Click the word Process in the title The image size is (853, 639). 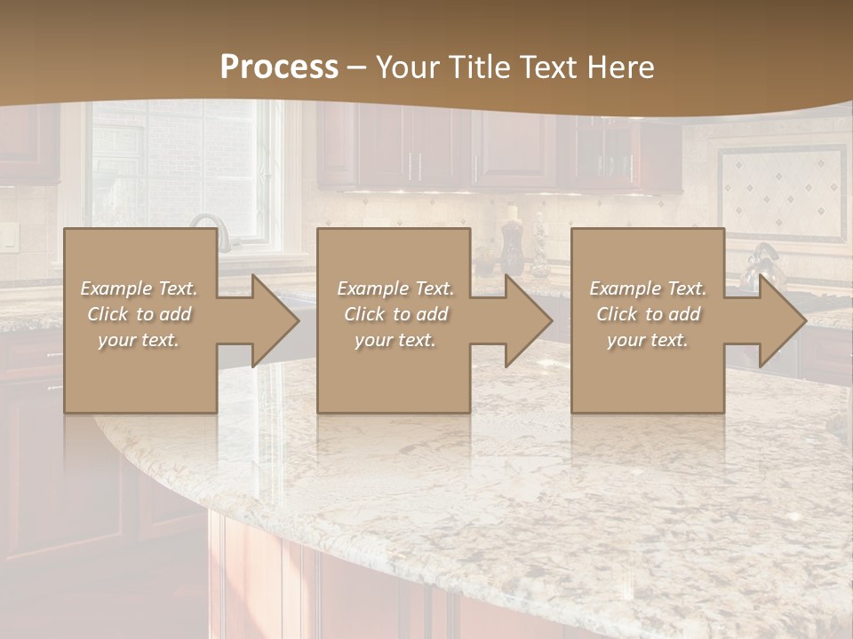[279, 67]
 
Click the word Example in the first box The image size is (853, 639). [116, 288]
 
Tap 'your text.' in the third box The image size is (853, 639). [647, 340]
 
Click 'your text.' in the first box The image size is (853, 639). [139, 340]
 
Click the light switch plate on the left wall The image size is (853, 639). [8, 235]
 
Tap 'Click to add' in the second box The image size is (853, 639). [395, 314]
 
